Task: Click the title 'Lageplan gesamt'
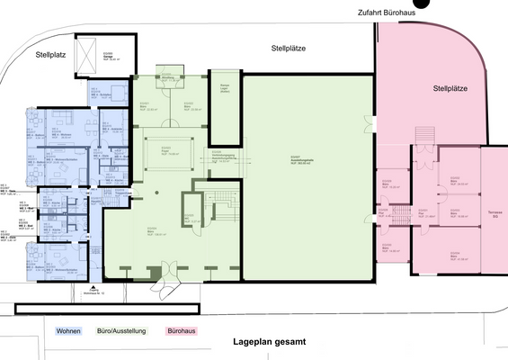270,342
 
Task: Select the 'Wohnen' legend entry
69,330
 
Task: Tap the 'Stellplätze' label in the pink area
451,89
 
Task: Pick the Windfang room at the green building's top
167,77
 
